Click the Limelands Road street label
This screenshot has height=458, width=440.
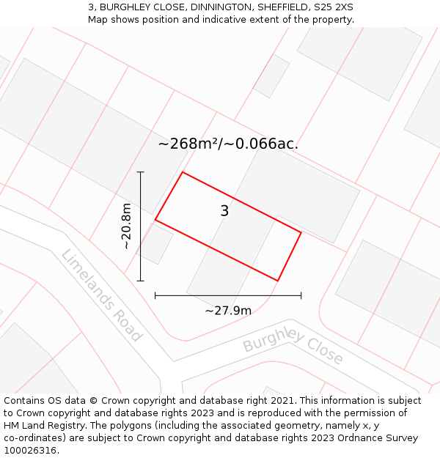[100, 295]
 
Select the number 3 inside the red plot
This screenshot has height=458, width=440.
[224, 211]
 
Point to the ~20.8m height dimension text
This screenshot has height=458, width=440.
[127, 226]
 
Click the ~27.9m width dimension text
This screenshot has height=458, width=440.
[228, 311]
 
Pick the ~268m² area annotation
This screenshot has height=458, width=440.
[228, 144]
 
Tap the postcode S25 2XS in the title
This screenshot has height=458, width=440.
[333, 7]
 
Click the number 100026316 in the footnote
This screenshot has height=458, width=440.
[29, 451]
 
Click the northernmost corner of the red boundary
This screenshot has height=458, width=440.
[183, 172]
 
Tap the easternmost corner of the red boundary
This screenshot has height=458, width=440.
[301, 232]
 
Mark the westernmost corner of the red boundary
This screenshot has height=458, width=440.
[155, 219]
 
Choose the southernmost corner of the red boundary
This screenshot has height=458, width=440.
[278, 281]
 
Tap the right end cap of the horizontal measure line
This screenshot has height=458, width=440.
[301, 295]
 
